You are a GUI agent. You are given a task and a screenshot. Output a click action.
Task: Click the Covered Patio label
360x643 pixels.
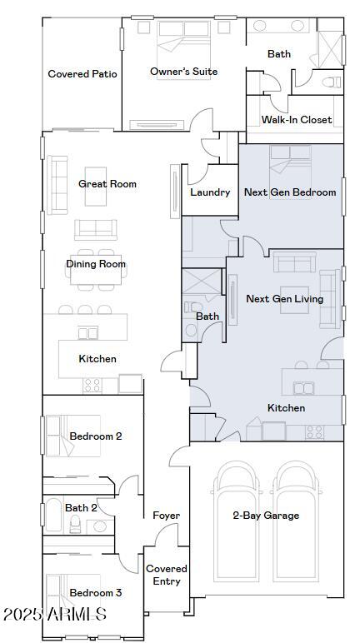click(x=82, y=74)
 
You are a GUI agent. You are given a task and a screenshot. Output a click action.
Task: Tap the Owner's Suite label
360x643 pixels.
click(x=183, y=72)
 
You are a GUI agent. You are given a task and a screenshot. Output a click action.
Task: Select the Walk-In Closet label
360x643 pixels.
click(x=297, y=120)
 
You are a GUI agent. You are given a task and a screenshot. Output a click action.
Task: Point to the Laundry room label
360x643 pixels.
click(x=210, y=192)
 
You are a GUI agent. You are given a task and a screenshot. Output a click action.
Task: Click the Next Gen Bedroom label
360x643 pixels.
click(x=290, y=192)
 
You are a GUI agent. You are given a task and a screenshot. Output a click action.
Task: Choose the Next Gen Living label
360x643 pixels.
click(x=284, y=299)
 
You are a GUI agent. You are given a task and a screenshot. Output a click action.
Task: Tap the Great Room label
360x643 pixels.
click(x=107, y=184)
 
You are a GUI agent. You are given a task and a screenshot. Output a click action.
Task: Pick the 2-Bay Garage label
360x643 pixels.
click(x=266, y=516)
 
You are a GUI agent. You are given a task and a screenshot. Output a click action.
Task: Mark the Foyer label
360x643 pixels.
click(x=166, y=516)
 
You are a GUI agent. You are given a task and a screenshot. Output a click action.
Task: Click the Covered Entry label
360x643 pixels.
click(x=167, y=575)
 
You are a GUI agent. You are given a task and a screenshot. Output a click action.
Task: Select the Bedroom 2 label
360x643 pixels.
click(x=96, y=436)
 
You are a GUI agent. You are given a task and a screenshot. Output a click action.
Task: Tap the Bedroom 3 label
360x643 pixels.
click(x=96, y=592)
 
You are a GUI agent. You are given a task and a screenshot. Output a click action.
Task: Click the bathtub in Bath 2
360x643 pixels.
click(x=53, y=515)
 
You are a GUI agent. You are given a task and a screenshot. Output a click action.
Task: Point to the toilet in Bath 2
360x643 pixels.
click(x=75, y=524)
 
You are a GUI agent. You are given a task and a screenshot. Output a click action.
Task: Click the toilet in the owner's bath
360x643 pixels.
click(x=332, y=82)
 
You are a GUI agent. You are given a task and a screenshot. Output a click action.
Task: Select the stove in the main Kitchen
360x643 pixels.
click(x=92, y=386)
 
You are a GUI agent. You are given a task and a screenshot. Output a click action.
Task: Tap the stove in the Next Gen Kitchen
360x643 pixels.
click(x=315, y=432)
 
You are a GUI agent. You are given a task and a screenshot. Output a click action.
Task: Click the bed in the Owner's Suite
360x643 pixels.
click(x=183, y=50)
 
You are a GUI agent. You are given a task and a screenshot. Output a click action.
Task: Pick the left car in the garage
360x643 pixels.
click(x=237, y=521)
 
